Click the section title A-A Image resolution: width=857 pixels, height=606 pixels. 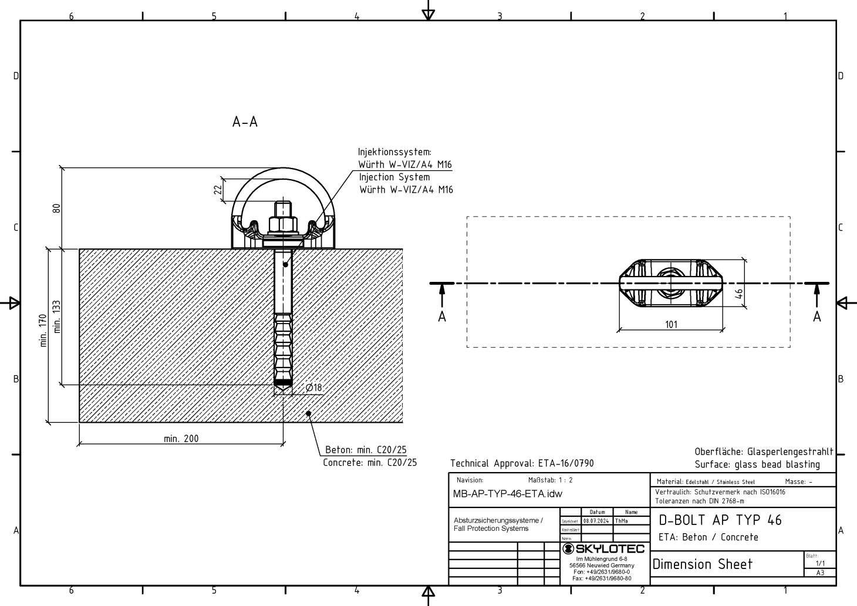pos(245,122)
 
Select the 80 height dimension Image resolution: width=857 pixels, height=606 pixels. pos(56,208)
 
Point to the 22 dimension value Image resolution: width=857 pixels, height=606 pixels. pos(218,190)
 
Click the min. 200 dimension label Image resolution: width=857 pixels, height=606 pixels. pos(181,438)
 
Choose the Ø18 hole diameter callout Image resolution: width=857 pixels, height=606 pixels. pos(314,388)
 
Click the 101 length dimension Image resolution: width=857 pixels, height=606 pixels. pos(671,324)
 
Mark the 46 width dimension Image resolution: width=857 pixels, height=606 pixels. pos(740,293)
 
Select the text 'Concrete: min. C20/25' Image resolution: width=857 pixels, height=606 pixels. pos(370,463)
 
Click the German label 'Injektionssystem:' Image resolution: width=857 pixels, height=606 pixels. pos(394,152)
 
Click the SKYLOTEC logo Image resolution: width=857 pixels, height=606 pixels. pos(603,549)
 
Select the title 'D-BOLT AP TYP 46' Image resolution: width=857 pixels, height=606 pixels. pos(720,520)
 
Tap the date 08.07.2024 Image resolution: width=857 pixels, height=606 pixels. pos(597,520)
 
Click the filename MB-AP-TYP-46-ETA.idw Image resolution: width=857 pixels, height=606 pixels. pos(507,494)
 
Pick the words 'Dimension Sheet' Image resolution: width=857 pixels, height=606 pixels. pos(702,564)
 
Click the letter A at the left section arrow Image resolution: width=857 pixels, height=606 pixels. pos(442,317)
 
